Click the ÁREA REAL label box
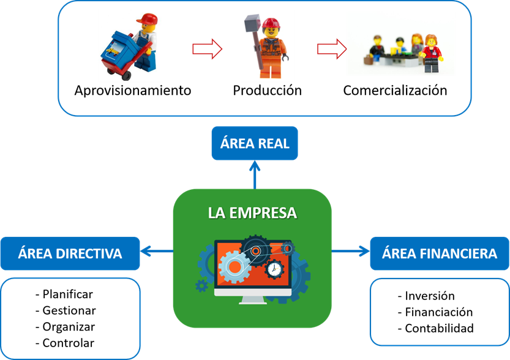(x=254, y=143)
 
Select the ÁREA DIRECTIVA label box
(x=70, y=253)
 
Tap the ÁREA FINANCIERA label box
(x=440, y=253)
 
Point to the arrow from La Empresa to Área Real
(x=254, y=174)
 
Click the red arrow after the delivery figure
(x=206, y=50)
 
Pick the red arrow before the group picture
(x=331, y=50)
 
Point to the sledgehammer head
(x=250, y=24)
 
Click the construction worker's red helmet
(x=270, y=23)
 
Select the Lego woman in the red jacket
(x=432, y=51)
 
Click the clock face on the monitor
(x=275, y=269)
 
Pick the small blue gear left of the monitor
(x=201, y=285)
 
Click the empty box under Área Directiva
(x=70, y=318)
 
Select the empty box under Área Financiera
(x=439, y=312)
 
